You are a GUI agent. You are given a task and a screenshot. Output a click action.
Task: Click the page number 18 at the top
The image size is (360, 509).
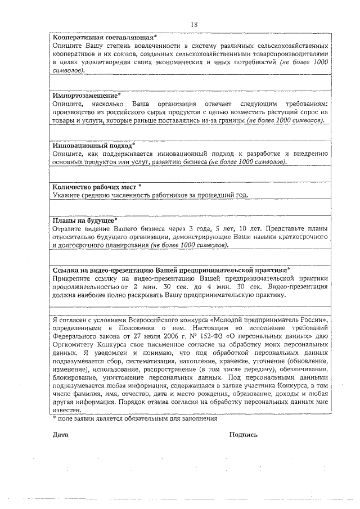coord(194,25)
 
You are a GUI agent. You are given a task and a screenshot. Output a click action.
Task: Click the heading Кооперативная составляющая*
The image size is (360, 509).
coord(105,37)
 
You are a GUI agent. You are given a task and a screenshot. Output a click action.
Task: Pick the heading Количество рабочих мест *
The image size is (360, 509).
coord(96,187)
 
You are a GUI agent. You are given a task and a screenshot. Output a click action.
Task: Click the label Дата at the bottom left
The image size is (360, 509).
coord(60,435)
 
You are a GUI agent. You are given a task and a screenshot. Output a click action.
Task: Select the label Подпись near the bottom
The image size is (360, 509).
coord(244,435)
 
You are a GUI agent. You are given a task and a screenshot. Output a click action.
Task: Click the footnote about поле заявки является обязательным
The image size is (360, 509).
coord(134,418)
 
